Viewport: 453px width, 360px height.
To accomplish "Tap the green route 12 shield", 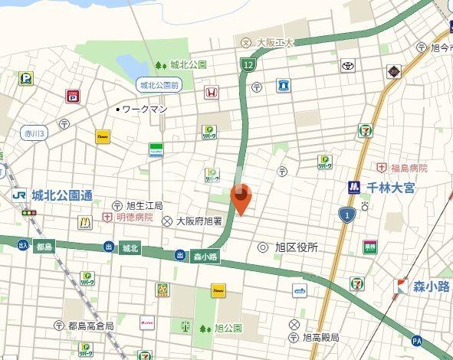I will (247, 65).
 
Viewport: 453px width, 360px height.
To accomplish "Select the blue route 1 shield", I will (347, 215).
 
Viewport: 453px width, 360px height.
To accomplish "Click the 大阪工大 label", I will (274, 42).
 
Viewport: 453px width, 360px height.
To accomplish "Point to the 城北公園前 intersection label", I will (159, 84).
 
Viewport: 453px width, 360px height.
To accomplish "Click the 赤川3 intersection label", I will (34, 133).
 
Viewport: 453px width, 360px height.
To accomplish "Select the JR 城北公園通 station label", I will (52, 195).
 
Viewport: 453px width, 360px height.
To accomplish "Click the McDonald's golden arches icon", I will (85, 223).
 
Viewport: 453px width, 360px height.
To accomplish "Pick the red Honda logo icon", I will (211, 92).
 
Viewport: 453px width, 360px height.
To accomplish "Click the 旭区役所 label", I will (296, 247).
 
